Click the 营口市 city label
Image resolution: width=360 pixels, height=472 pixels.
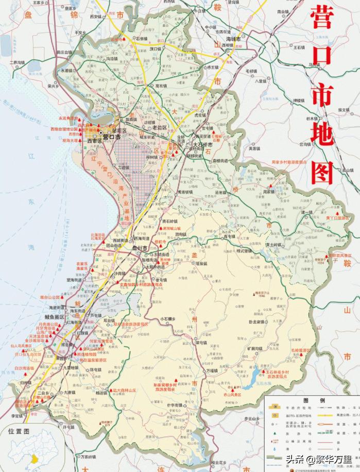111,138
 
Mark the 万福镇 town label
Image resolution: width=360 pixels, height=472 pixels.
212,370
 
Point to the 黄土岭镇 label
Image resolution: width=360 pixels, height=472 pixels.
275,245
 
